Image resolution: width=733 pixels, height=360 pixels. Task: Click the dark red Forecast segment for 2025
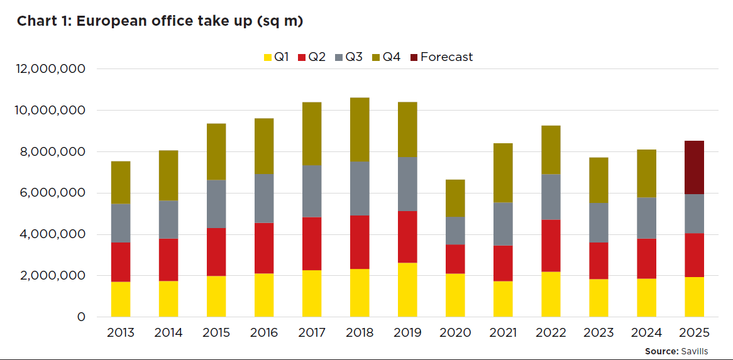pos(694,167)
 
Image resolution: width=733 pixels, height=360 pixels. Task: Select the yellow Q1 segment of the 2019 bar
pos(407,290)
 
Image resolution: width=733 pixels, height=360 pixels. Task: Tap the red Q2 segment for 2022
pos(551,246)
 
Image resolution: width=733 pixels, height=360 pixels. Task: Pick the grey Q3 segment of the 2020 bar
pos(455,231)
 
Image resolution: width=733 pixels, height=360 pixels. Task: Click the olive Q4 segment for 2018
pos(360,129)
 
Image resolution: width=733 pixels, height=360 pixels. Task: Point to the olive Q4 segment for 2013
pos(121,182)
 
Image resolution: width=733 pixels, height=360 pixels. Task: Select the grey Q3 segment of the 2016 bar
pos(264,199)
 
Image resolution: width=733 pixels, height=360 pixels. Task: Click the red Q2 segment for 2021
pos(503,263)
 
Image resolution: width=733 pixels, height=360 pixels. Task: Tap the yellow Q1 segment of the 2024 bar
pos(646,298)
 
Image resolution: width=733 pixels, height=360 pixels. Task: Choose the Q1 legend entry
pos(276,57)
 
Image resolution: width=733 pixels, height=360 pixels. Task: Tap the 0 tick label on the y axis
pos(81,317)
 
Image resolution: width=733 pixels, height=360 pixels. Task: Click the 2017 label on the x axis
pos(312,333)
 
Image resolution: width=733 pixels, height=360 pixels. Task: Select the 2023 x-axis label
pos(598,333)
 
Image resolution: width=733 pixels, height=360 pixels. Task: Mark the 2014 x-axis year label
pos(168,333)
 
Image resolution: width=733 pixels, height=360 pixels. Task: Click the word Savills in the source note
pos(695,351)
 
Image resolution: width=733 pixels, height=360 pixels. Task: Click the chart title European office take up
pos(160,21)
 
